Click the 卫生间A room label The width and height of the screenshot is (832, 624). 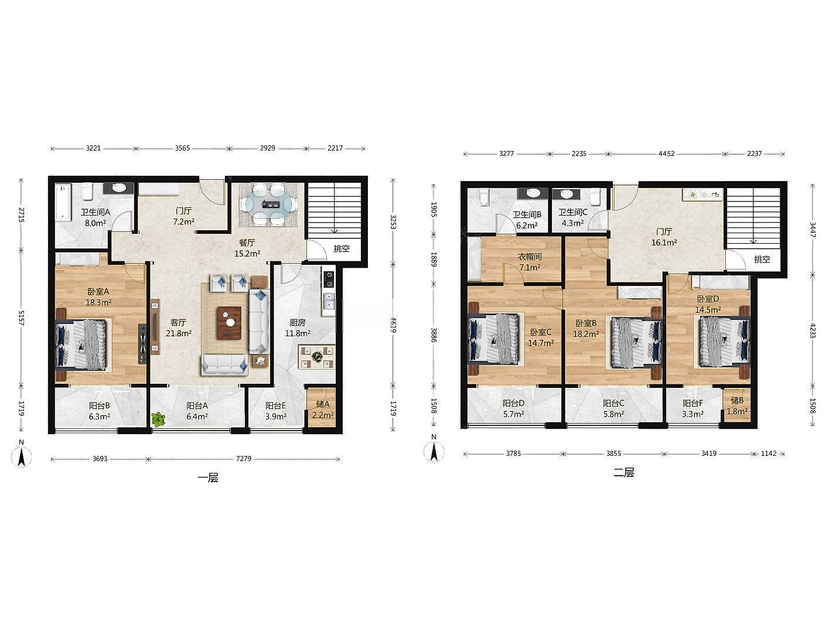click(x=95, y=212)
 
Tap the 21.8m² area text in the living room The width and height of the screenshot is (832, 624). click(x=179, y=333)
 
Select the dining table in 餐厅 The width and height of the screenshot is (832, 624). click(x=271, y=204)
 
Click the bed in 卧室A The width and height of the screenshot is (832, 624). click(x=81, y=343)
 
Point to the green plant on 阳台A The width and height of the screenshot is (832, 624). click(x=158, y=419)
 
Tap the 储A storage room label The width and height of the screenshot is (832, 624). click(x=323, y=404)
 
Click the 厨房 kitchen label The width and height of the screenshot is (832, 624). click(x=298, y=322)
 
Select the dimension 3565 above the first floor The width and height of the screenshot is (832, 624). click(x=182, y=148)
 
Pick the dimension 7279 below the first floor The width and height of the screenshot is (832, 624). click(x=244, y=459)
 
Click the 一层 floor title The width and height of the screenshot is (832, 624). click(x=208, y=478)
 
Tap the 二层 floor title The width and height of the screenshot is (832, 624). click(x=624, y=472)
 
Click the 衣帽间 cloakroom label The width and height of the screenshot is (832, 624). click(x=530, y=257)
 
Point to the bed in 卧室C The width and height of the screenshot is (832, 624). click(x=493, y=338)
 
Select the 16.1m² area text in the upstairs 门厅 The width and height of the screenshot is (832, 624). click(x=664, y=243)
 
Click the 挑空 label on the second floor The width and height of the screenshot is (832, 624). click(x=762, y=259)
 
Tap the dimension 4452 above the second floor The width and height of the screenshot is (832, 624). click(x=666, y=154)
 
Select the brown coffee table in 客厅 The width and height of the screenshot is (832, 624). click(x=229, y=323)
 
